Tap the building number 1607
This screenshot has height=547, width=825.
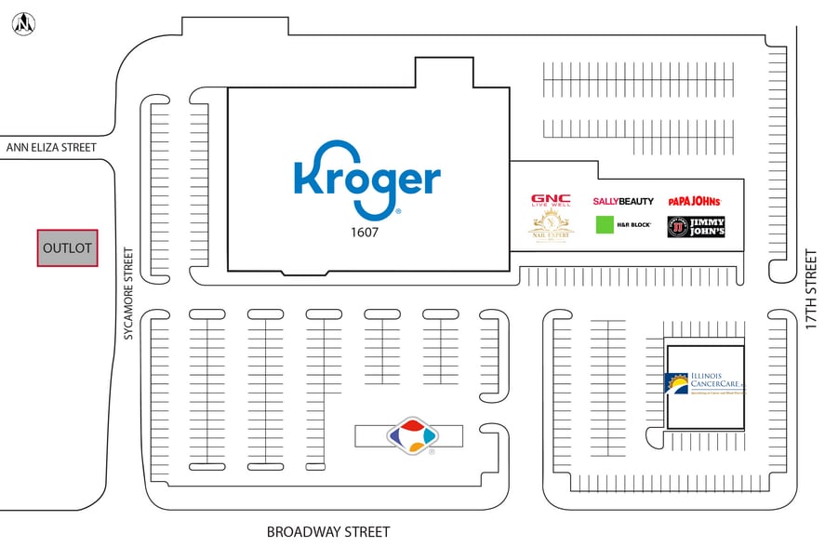click(366, 233)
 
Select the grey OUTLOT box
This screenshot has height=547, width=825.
click(67, 248)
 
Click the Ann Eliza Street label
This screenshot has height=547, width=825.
click(51, 147)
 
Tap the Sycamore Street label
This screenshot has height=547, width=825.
click(128, 293)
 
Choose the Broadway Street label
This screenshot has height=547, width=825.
click(327, 532)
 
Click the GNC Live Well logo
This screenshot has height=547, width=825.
click(551, 201)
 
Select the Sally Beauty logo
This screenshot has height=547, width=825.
click(623, 201)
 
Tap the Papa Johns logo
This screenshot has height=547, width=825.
click(694, 200)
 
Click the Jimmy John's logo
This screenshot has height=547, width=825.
click(696, 227)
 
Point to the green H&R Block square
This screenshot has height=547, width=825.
click(606, 224)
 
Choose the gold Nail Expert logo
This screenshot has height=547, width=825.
click(551, 225)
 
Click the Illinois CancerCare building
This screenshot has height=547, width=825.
click(706, 387)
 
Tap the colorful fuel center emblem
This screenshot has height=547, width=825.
click(411, 434)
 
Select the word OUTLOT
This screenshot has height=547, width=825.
click(67, 248)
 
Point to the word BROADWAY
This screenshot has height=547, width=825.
click(299, 532)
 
